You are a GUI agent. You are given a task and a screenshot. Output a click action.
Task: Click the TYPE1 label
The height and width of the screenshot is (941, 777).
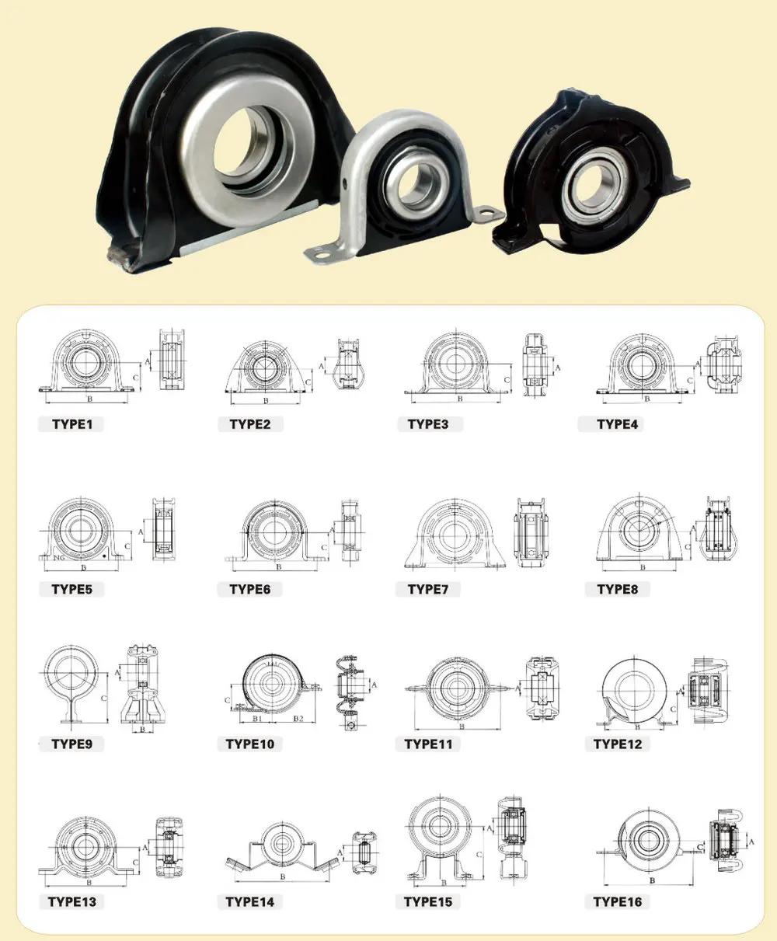click(x=72, y=424)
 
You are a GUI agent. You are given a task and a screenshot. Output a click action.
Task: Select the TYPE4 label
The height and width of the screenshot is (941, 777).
click(x=617, y=424)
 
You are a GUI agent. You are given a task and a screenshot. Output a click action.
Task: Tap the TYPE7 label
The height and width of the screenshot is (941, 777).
click(x=428, y=590)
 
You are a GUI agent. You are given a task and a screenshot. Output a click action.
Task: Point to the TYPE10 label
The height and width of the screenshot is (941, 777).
click(x=250, y=744)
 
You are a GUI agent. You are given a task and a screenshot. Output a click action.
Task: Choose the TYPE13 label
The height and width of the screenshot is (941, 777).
click(x=72, y=902)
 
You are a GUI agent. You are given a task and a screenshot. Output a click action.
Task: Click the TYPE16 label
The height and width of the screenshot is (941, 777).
click(x=617, y=902)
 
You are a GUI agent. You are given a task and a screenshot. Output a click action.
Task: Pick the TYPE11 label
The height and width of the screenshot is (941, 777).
click(x=428, y=744)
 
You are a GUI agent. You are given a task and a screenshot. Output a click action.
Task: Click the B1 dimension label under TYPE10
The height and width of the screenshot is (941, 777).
click(x=256, y=720)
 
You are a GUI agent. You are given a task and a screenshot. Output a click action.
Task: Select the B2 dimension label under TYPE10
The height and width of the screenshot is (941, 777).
click(x=298, y=720)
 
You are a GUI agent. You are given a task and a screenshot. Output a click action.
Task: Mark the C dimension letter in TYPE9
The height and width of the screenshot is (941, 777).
click(x=104, y=699)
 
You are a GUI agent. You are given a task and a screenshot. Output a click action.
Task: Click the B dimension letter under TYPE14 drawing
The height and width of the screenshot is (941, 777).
click(x=282, y=877)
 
